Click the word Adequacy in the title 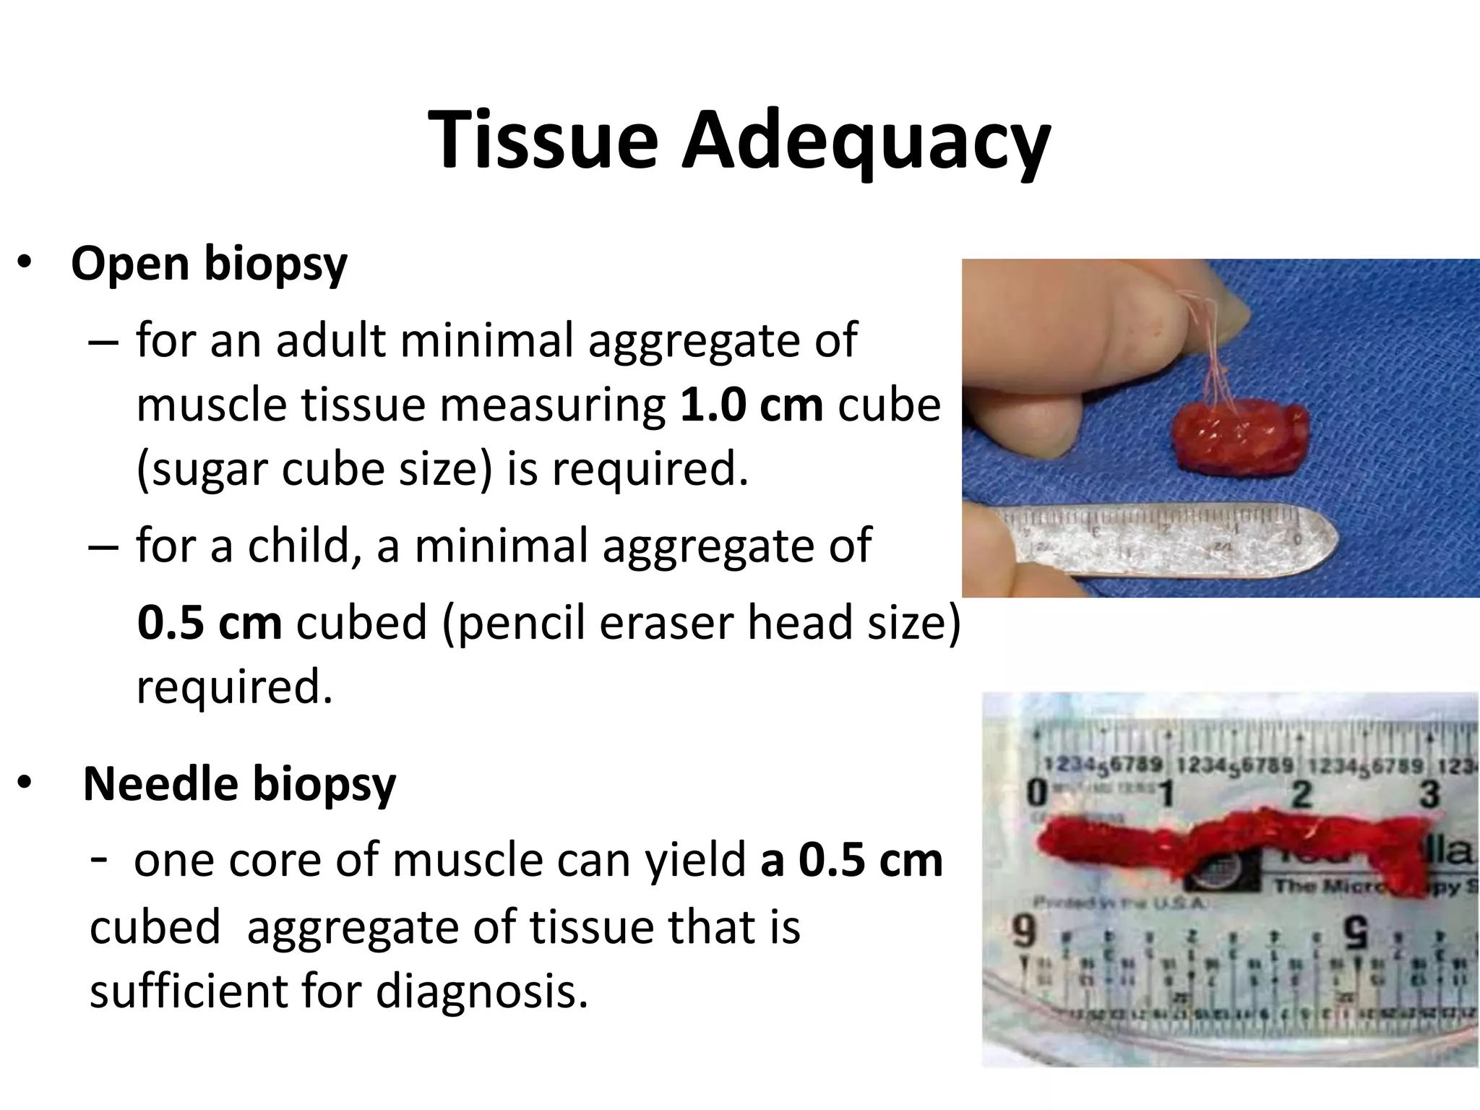(x=866, y=142)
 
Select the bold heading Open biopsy (x=209, y=264)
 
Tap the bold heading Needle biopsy (x=239, y=784)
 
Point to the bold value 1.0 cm (x=751, y=405)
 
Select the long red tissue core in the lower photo (x=1229, y=838)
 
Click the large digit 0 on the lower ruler (x=1037, y=793)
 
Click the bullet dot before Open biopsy (x=25, y=264)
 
